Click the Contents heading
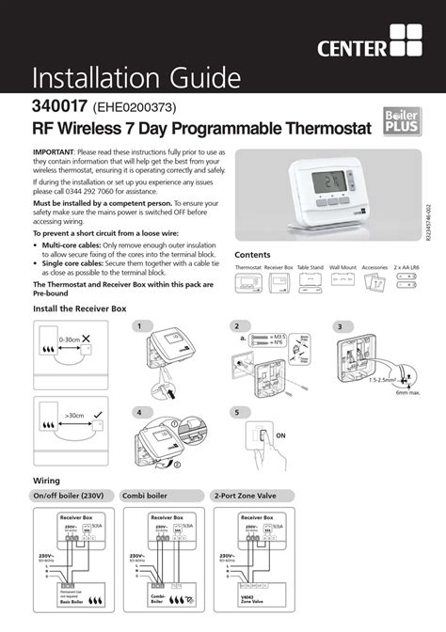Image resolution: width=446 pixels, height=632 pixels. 252,255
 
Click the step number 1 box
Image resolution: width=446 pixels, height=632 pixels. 138,326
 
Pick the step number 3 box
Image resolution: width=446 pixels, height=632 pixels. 337,326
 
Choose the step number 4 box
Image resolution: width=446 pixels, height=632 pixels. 138,413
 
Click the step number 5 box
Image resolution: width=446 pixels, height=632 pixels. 237,413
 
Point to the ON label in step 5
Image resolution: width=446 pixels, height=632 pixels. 279,435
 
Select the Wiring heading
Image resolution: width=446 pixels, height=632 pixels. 47,482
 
